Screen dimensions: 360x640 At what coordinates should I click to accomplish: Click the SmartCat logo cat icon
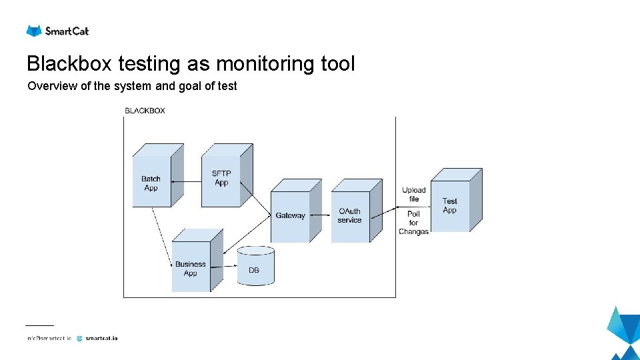[34, 31]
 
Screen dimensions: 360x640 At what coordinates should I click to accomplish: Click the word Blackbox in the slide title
[70, 64]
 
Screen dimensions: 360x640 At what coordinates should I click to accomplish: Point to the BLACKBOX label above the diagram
[145, 111]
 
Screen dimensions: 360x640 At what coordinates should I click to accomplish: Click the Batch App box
[152, 183]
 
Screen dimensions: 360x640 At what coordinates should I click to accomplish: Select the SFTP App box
[222, 178]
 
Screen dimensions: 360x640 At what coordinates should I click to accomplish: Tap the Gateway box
[291, 215]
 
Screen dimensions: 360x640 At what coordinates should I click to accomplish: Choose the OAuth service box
[350, 215]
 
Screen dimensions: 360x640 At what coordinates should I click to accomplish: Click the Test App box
[451, 205]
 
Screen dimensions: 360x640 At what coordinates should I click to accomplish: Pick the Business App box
[191, 268]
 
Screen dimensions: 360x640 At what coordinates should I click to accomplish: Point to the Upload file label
[414, 194]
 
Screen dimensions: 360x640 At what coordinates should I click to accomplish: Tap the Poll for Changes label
[413, 223]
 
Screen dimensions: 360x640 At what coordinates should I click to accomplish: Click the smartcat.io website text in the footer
[101, 338]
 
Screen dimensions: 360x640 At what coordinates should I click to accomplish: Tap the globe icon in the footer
[80, 338]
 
